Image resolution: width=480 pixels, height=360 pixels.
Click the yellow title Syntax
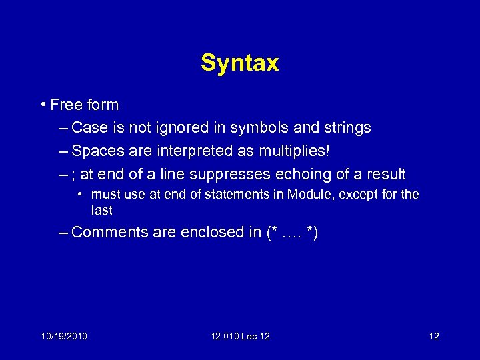tap(239, 63)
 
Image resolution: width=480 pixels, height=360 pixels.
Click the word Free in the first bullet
tap(65, 105)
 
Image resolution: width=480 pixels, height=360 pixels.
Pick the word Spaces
tap(95, 151)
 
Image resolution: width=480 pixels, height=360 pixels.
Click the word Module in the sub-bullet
tap(307, 195)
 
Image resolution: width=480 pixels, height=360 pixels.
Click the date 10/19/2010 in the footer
tap(63, 335)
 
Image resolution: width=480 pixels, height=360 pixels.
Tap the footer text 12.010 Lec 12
tap(239, 335)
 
